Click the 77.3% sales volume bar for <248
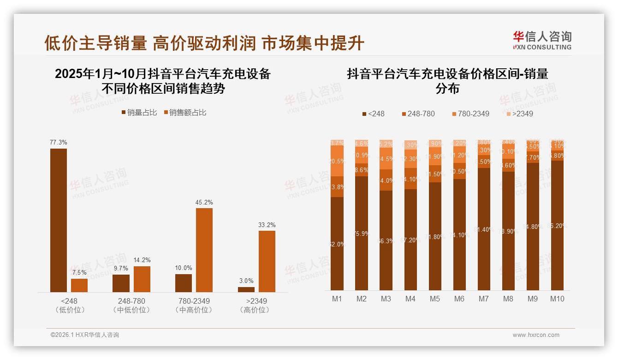(x=59, y=220)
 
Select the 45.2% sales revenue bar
(x=204, y=250)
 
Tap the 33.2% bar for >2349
(x=267, y=261)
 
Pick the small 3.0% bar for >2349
(x=246, y=289)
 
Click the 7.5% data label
(x=79, y=272)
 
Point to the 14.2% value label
(x=142, y=260)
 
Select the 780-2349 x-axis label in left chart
(x=194, y=301)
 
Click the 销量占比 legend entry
(x=142, y=113)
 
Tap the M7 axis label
(x=483, y=299)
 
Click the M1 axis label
(x=337, y=299)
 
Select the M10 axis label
(x=557, y=299)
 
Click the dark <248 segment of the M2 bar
(x=362, y=233)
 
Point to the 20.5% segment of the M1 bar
(x=337, y=161)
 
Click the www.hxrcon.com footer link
(x=536, y=335)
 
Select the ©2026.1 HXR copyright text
(x=85, y=335)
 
